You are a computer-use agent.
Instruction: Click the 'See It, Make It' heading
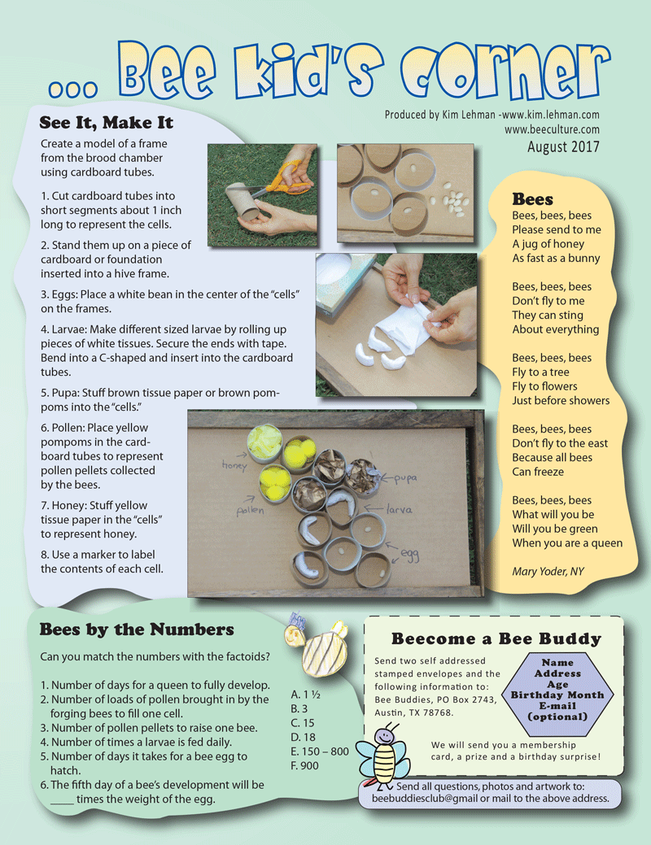107,123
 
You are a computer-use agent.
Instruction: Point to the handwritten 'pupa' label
404,478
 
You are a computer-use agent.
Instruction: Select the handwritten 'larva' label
399,509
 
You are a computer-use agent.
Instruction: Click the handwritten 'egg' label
410,555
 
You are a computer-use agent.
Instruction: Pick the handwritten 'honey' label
234,465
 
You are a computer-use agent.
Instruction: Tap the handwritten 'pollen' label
251,510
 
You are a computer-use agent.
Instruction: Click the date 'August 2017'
563,146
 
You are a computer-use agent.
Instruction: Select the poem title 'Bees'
532,199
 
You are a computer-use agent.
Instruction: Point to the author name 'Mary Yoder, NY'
548,571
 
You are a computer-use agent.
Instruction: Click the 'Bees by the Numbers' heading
137,629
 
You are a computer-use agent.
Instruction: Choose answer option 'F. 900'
304,766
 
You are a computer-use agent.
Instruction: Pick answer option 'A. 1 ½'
306,695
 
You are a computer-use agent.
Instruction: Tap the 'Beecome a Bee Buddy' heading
496,639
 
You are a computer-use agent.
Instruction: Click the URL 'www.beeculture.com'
552,129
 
